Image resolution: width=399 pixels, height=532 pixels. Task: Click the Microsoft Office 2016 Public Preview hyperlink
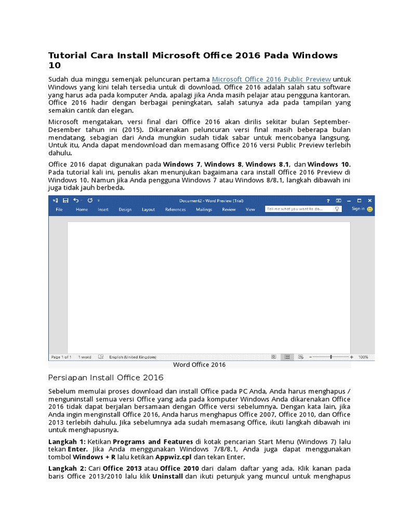point(271,79)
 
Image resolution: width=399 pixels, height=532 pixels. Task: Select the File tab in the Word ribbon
point(59,209)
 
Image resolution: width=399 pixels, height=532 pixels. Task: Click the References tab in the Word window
point(175,209)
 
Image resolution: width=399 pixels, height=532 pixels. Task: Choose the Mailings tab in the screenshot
point(204,209)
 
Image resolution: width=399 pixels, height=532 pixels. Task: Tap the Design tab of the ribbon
point(125,209)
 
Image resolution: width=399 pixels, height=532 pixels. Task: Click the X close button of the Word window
point(369,200)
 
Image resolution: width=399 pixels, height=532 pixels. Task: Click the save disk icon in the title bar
point(65,200)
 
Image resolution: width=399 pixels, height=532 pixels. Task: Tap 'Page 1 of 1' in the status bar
point(62,357)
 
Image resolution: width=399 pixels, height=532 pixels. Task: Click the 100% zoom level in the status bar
point(363,357)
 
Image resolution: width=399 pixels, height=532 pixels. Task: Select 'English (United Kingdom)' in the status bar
point(132,357)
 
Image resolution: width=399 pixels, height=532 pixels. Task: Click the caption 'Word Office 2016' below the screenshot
point(199,365)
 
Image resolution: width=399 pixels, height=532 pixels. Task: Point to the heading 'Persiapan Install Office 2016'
point(105,378)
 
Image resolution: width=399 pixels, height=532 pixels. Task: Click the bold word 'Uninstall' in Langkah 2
point(167,476)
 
